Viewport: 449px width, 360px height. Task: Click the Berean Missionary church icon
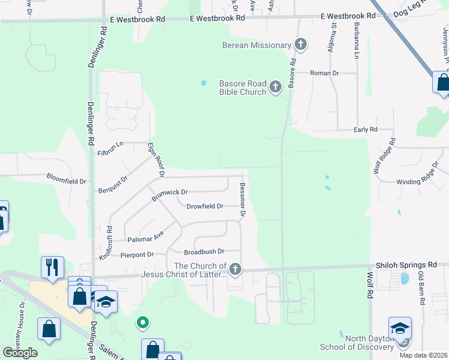301,44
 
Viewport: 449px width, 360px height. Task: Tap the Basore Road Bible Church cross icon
276,88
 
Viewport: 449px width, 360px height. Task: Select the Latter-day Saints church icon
235,270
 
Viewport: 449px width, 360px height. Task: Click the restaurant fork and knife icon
52,267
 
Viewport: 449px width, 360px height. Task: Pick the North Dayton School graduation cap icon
400,328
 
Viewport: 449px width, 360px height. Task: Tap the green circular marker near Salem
142,323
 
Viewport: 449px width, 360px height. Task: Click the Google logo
20,353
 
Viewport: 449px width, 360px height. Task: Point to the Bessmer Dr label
243,200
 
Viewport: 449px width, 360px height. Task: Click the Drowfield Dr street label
205,206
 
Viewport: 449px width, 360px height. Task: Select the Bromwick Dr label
170,193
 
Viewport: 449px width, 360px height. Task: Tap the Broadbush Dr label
204,252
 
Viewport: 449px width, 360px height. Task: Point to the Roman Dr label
325,73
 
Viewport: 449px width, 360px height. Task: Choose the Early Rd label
365,129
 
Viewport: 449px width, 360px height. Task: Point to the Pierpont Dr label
137,255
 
